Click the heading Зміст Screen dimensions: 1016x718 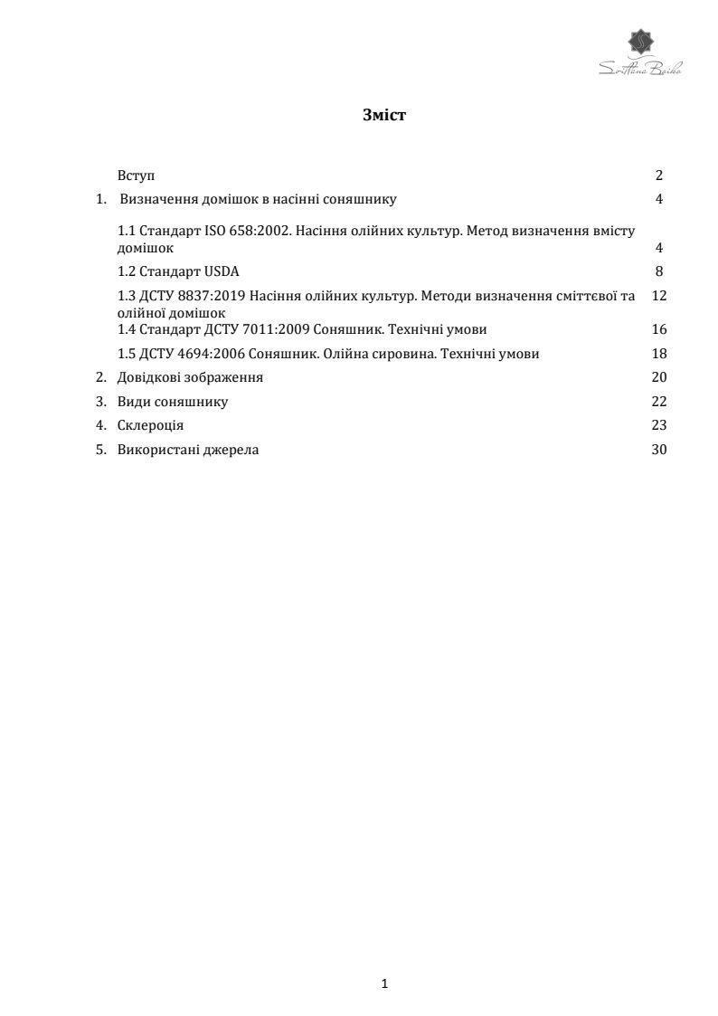coord(384,115)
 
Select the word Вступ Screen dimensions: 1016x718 coord(137,176)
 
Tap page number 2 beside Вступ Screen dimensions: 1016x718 coord(659,176)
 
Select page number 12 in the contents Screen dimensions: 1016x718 coord(658,296)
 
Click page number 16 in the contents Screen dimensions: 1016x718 coord(658,329)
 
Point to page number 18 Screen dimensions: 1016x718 coord(658,354)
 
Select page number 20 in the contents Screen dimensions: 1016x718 coord(658,377)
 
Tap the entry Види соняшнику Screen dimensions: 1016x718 coord(173,402)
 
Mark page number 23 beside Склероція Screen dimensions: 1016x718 coord(658,425)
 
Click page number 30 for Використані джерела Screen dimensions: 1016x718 coord(658,450)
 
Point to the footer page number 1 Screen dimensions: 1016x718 coord(385,983)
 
